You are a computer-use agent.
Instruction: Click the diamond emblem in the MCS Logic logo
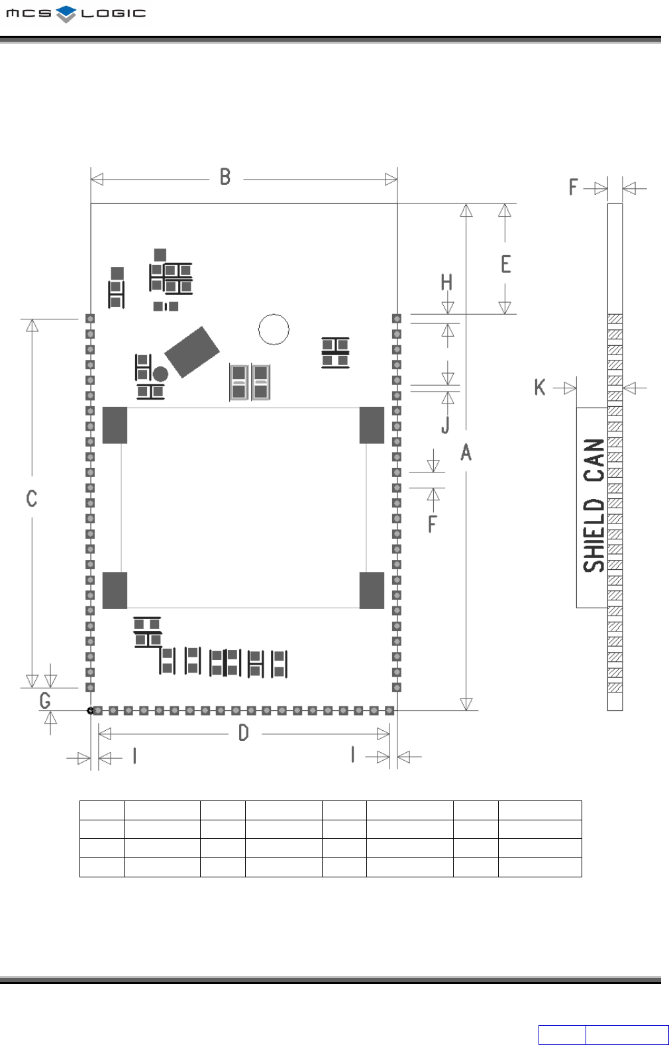pyautogui.click(x=66, y=13)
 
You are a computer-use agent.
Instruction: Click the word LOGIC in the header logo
pyautogui.click(x=113, y=13)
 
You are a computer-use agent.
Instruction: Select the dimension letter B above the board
pyautogui.click(x=225, y=177)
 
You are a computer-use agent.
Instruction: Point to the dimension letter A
pyautogui.click(x=466, y=453)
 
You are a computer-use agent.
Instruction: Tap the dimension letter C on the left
pyautogui.click(x=32, y=498)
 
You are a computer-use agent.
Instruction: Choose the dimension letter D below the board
pyautogui.click(x=244, y=733)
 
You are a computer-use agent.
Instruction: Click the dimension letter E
pyautogui.click(x=506, y=264)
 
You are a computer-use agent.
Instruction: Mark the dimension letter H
pyautogui.click(x=447, y=283)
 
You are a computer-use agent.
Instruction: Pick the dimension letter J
pyautogui.click(x=446, y=425)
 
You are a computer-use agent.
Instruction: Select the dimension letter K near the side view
pyautogui.click(x=540, y=388)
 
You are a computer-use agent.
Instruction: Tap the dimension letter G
pyautogui.click(x=45, y=700)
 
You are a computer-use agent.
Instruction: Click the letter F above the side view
pyautogui.click(x=574, y=188)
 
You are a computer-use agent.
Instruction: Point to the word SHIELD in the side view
pyautogui.click(x=594, y=535)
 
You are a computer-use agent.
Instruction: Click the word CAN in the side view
pyautogui.click(x=594, y=460)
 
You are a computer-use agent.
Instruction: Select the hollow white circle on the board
pyautogui.click(x=274, y=329)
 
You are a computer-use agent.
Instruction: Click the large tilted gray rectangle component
pyautogui.click(x=192, y=352)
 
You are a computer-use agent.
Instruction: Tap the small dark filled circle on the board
pyautogui.click(x=160, y=374)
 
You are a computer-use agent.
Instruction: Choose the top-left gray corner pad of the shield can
pyautogui.click(x=115, y=425)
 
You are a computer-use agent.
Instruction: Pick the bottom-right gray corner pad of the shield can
pyautogui.click(x=372, y=590)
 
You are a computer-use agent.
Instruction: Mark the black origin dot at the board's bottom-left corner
pyautogui.click(x=91, y=710)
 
